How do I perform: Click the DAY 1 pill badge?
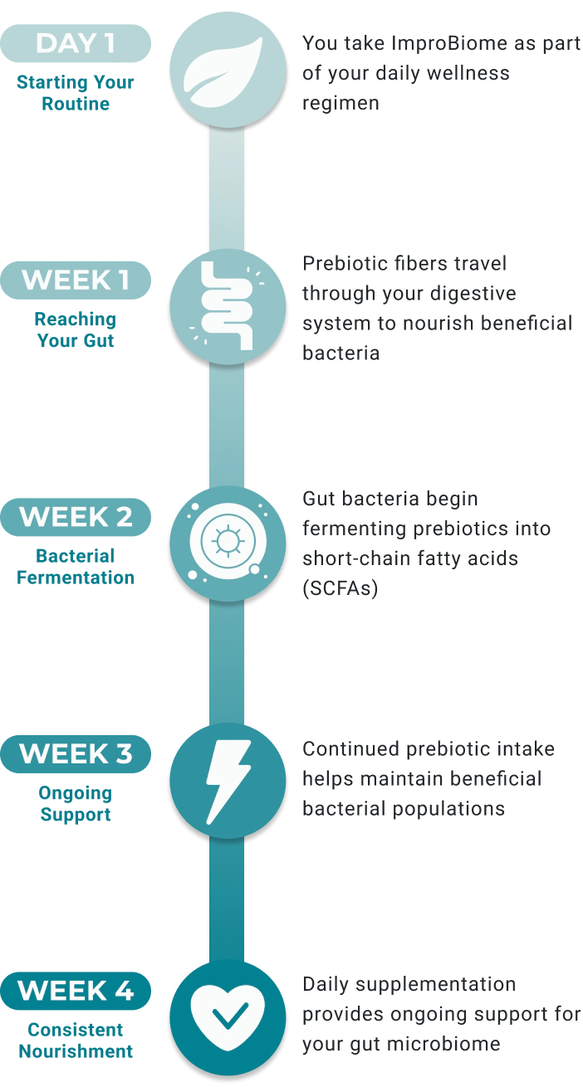point(76,43)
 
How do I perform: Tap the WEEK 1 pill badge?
point(76,280)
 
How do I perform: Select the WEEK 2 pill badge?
point(76,517)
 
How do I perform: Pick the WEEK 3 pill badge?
point(76,753)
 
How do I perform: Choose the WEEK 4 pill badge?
point(76,991)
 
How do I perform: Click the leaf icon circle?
point(228,70)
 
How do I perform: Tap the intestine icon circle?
point(228,307)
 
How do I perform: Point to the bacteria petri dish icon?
point(228,543)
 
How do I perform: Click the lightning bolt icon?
point(228,780)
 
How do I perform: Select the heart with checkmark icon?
point(228,1017)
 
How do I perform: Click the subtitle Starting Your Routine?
point(76,93)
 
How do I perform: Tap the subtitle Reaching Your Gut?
point(76,329)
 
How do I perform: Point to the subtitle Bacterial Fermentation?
point(76,566)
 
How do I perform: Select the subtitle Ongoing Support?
point(76,803)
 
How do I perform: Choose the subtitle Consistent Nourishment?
point(76,1040)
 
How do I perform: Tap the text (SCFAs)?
point(340,588)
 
